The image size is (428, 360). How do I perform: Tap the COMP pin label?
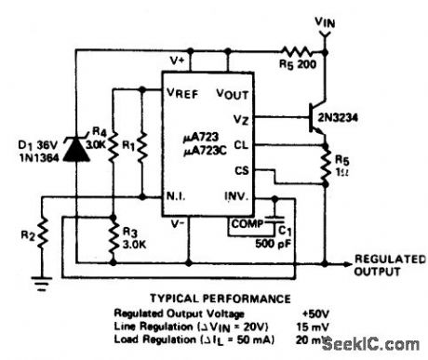(x=245, y=222)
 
